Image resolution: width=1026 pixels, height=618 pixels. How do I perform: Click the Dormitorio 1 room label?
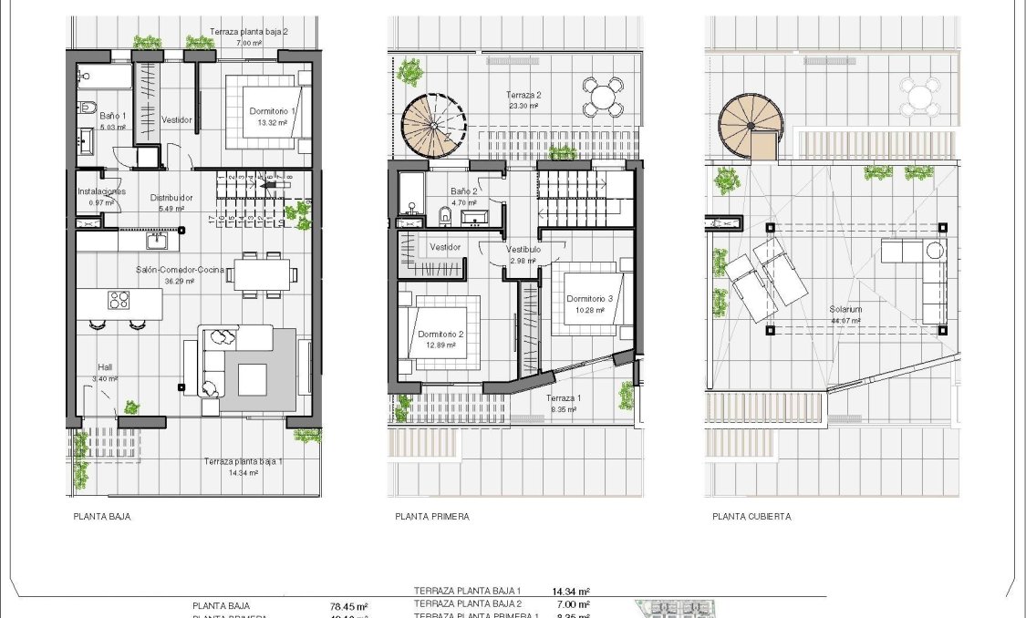click(x=272, y=111)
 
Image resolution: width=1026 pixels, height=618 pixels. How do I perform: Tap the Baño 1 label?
click(x=112, y=117)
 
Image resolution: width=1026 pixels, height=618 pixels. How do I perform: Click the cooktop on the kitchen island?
click(x=119, y=300)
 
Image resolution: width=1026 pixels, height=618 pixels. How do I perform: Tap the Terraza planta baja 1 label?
click(x=244, y=462)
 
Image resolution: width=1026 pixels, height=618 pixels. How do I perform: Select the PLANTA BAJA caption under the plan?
click(x=101, y=517)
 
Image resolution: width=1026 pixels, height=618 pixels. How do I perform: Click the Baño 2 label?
click(x=463, y=191)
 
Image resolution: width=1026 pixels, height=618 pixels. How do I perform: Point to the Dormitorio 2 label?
click(x=440, y=335)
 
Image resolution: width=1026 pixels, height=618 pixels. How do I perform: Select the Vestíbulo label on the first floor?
click(x=523, y=249)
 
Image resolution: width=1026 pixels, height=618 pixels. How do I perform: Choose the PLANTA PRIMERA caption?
click(x=432, y=517)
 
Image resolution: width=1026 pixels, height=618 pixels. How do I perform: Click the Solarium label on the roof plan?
click(x=845, y=310)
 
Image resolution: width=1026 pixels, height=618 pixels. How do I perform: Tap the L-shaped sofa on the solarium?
click(x=921, y=273)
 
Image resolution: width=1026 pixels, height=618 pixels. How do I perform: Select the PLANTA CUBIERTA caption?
click(x=751, y=517)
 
